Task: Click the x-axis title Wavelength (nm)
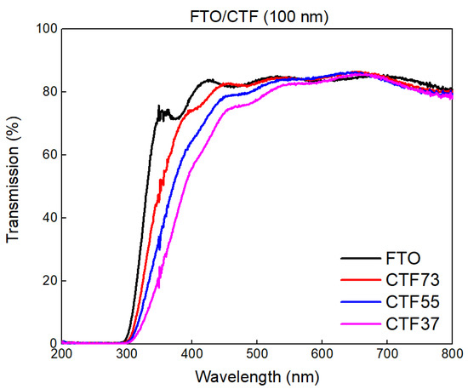(x=256, y=375)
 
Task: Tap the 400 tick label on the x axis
(x=191, y=354)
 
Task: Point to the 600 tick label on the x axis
(x=322, y=354)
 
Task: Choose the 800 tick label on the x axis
(x=451, y=354)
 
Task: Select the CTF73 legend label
(x=410, y=279)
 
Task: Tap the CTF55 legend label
(x=410, y=301)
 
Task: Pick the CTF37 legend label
(x=410, y=323)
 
